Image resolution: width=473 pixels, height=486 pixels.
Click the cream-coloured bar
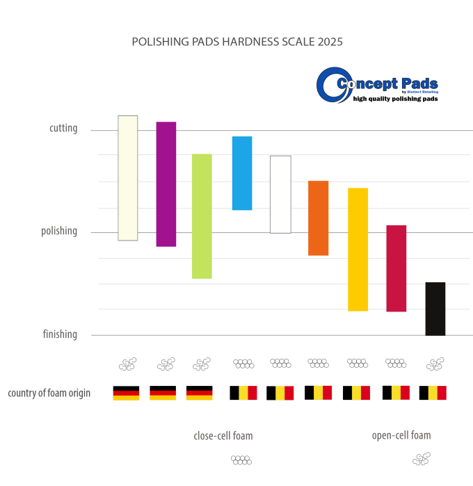pyautogui.click(x=128, y=178)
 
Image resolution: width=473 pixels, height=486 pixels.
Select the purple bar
pyautogui.click(x=166, y=184)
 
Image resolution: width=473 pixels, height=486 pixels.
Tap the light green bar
pyautogui.click(x=202, y=216)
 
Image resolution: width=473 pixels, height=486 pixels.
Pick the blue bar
pyautogui.click(x=242, y=173)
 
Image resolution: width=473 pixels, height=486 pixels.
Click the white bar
pyautogui.click(x=280, y=194)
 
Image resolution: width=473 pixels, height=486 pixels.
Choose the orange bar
pyautogui.click(x=319, y=218)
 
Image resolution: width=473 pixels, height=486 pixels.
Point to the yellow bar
pyautogui.click(x=358, y=249)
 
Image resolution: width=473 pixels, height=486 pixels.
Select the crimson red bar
pyautogui.click(x=396, y=268)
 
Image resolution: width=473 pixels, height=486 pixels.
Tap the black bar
pyautogui.click(x=435, y=308)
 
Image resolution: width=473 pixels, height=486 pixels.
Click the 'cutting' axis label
pyautogui.click(x=63, y=129)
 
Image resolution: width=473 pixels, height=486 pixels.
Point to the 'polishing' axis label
pyautogui.click(x=59, y=232)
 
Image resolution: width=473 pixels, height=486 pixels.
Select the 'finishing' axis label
pyautogui.click(x=60, y=334)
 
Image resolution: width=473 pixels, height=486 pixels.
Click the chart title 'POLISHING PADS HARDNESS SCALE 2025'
pyautogui.click(x=237, y=42)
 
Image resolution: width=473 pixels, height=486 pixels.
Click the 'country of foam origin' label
pyautogui.click(x=49, y=394)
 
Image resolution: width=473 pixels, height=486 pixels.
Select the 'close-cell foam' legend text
pyautogui.click(x=223, y=436)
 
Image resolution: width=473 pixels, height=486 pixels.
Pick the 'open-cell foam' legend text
pyautogui.click(x=401, y=435)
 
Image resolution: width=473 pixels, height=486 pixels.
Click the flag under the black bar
pyautogui.click(x=437, y=393)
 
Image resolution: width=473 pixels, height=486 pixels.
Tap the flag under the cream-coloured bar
pyautogui.click(x=126, y=395)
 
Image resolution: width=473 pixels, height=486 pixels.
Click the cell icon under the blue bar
pyautogui.click(x=243, y=363)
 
